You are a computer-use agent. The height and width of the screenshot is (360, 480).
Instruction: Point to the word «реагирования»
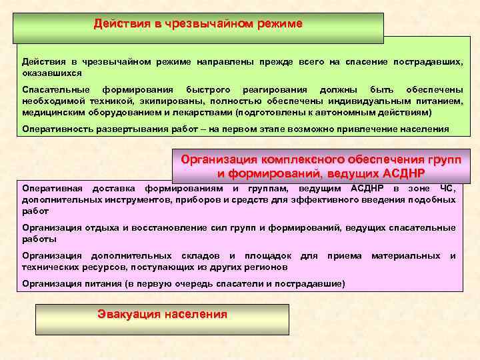click(275, 89)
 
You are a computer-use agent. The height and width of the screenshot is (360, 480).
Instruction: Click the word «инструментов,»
click(121, 199)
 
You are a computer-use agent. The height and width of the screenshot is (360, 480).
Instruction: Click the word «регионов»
click(265, 267)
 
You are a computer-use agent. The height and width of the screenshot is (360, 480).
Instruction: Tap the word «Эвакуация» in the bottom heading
click(126, 314)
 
